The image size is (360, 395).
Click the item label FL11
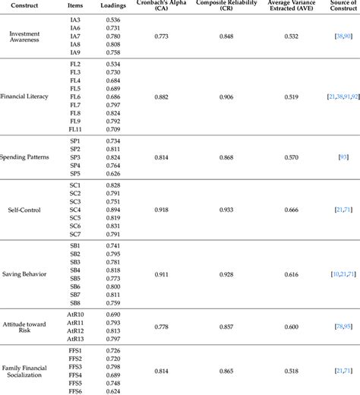75,128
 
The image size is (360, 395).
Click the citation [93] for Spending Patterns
343,157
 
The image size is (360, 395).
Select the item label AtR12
74,330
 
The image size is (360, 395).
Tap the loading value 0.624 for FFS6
112,390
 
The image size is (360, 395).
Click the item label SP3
74,157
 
